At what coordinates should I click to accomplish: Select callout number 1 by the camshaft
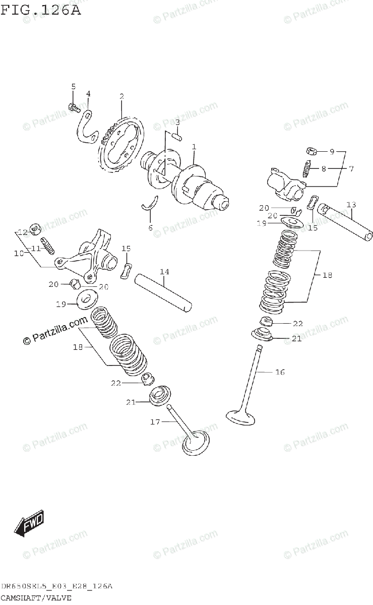[194, 147]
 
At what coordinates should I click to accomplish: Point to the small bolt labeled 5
[73, 107]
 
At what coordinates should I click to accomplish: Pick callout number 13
[351, 204]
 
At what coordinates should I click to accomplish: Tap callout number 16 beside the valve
[280, 372]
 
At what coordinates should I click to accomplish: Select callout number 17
[155, 421]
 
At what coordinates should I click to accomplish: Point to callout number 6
[150, 228]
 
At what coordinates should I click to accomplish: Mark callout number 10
[19, 253]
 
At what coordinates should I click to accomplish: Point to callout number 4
[88, 93]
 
